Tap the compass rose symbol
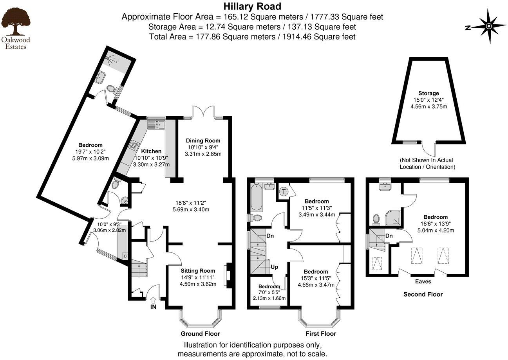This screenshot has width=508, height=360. click(489, 27)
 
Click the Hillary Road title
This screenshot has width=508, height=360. click(252, 6)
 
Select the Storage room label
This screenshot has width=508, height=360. click(428, 93)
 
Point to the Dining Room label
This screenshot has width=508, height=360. click(203, 140)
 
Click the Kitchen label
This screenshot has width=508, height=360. click(151, 151)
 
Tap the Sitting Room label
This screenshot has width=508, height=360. click(198, 270)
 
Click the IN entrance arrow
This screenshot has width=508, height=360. click(153, 301)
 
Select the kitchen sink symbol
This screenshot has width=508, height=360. click(157, 124)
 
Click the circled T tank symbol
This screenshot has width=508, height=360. click(284, 192)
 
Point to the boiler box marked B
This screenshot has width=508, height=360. click(125, 256)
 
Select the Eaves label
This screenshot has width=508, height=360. click(423, 281)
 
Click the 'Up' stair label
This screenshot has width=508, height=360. click(275, 267)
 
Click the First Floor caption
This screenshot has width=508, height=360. click(321, 334)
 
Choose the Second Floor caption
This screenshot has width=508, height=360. click(423, 294)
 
